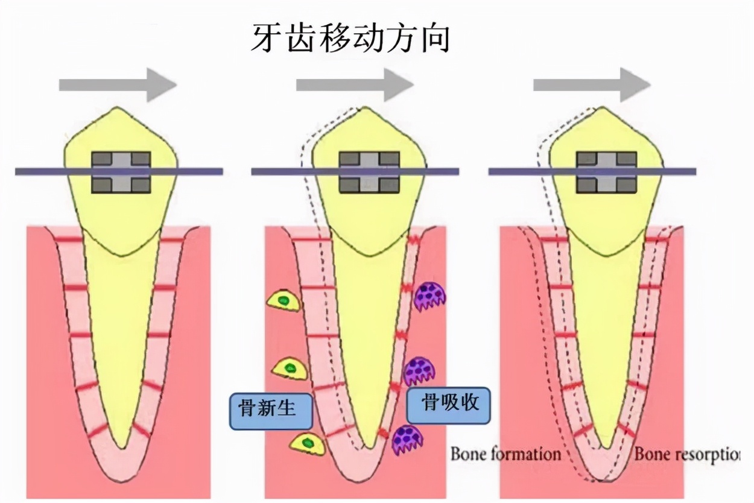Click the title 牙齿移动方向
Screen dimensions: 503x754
(350, 39)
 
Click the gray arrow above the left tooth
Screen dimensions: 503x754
(118, 84)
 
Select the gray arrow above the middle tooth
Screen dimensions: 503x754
(355, 84)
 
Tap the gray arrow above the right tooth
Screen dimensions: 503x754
(592, 84)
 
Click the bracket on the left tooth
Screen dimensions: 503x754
(121, 172)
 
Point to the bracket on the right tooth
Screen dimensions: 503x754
(606, 172)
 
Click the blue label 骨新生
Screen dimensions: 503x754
(271, 411)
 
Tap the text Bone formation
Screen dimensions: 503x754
(505, 454)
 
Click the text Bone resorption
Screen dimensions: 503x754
(686, 454)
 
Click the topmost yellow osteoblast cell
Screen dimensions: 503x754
(284, 300)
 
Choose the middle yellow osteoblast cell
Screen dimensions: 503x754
(290, 369)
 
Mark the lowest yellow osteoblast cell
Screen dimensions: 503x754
(307, 444)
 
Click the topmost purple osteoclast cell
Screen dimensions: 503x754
(430, 297)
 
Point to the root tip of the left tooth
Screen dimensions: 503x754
(123, 447)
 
